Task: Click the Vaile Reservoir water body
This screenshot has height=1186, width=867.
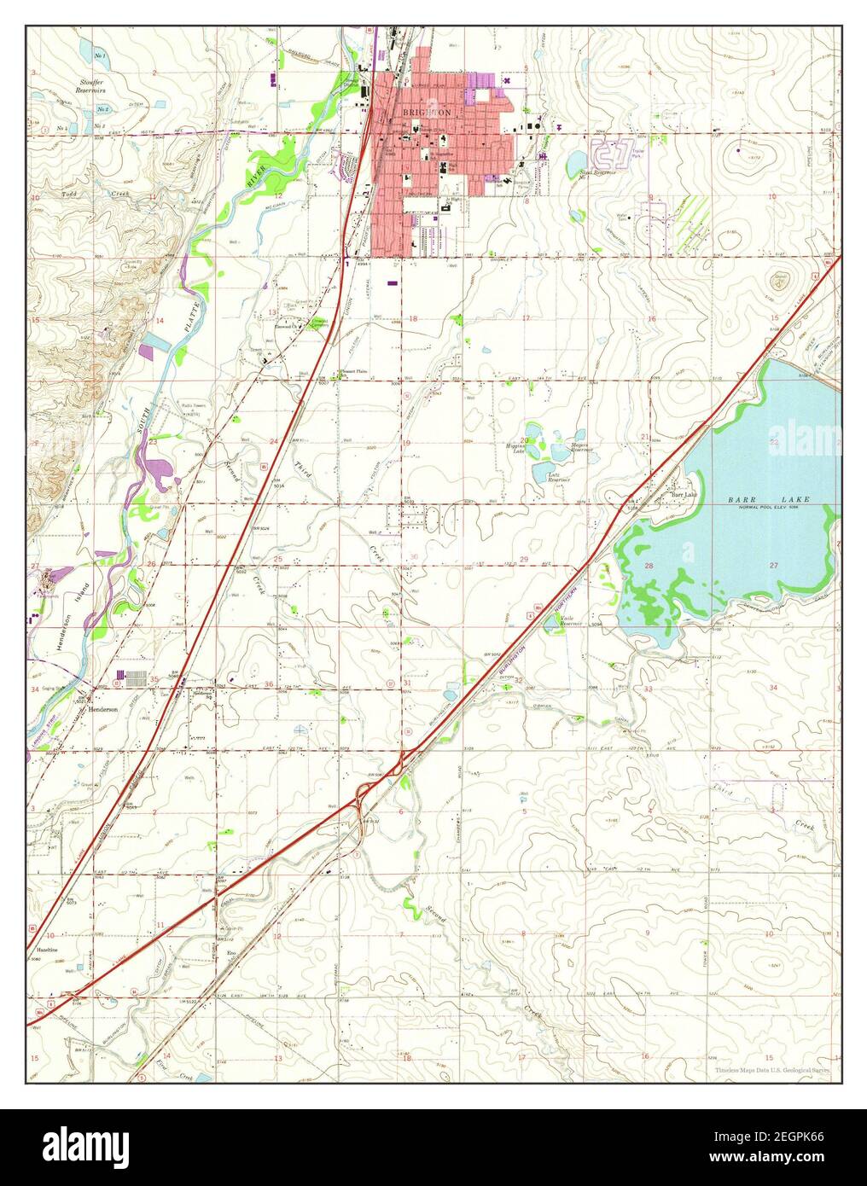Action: [570, 622]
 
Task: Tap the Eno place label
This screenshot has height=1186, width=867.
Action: [230, 951]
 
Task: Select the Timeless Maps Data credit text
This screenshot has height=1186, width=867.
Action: [772, 1069]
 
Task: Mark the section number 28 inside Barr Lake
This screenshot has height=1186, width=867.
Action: [649, 566]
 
